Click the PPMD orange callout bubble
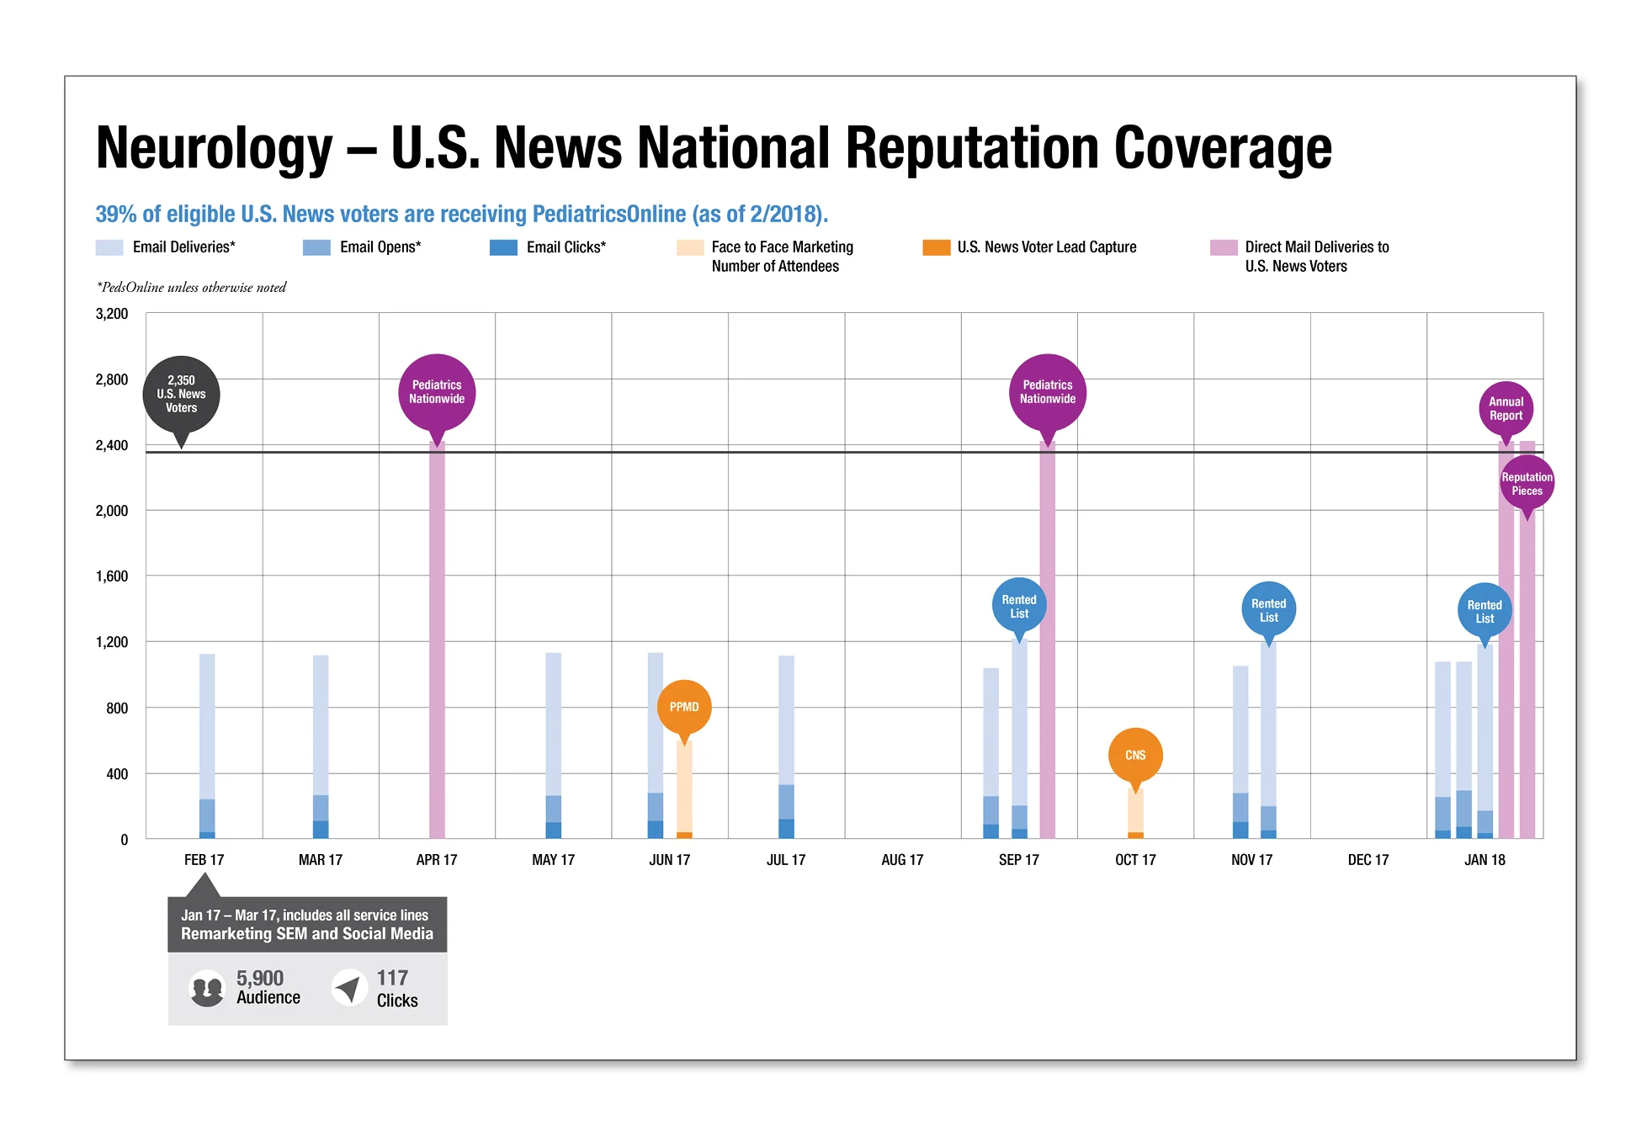pyautogui.click(x=684, y=707)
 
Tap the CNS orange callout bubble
pyautogui.click(x=1135, y=755)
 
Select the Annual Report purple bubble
pyautogui.click(x=1506, y=409)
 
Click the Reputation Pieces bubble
pyautogui.click(x=1527, y=484)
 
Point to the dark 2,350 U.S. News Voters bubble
pyautogui.click(x=181, y=394)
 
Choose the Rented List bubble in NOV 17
pyautogui.click(x=1268, y=610)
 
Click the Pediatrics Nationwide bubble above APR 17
pyautogui.click(x=437, y=392)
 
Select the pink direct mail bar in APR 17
pyautogui.click(x=437, y=640)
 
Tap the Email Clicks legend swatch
pyautogui.click(x=503, y=247)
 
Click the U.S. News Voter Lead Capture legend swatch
pyautogui.click(x=936, y=247)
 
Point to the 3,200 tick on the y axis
pyautogui.click(x=112, y=314)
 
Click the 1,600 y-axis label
pyautogui.click(x=112, y=576)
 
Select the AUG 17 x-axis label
pyautogui.click(x=902, y=860)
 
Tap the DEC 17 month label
pyautogui.click(x=1367, y=860)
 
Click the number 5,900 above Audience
pyautogui.click(x=260, y=978)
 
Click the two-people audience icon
pyautogui.click(x=207, y=988)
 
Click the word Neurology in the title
pyautogui.click(x=215, y=148)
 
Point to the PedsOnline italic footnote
pyautogui.click(x=192, y=288)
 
